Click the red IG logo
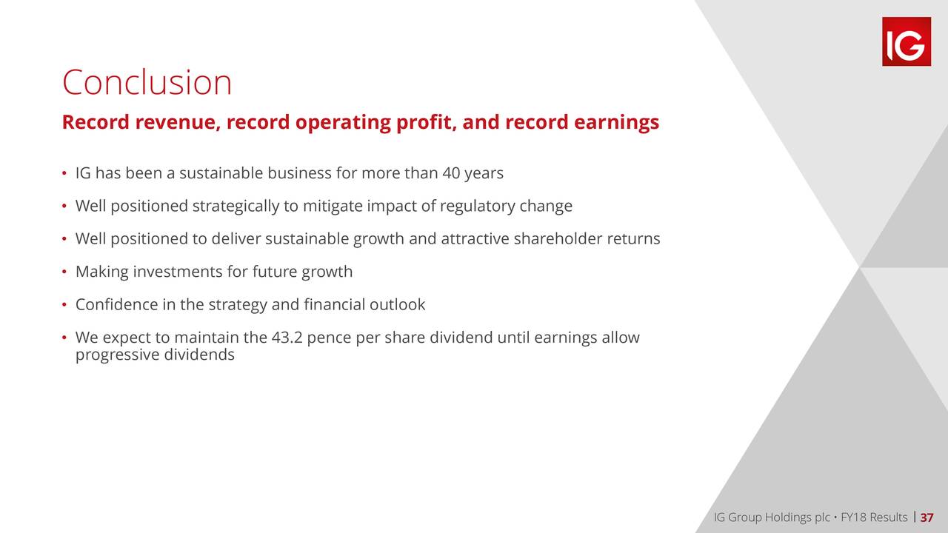coord(907,41)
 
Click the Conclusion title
coord(147,82)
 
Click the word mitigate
coord(333,207)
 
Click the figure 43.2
coord(287,338)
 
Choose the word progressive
coord(117,355)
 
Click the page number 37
coord(927,517)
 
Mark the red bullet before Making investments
coord(64,272)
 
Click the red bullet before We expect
coord(64,338)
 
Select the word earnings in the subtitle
coord(616,122)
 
